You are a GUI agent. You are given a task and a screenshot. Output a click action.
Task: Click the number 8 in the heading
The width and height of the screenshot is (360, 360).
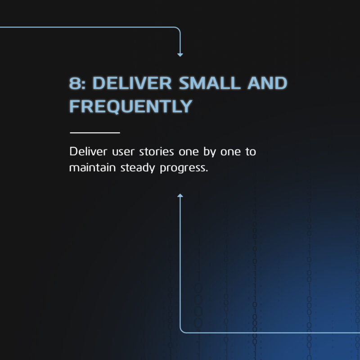pos(75,83)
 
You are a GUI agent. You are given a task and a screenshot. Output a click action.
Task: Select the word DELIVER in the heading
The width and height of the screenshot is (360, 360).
pos(132,83)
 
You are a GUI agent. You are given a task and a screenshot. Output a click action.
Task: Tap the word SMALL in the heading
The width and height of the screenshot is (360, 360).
pos(210,83)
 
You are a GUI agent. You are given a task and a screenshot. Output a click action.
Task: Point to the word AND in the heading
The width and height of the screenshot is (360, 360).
pos(267,83)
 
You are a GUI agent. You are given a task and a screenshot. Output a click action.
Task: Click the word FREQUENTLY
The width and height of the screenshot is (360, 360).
pos(130,106)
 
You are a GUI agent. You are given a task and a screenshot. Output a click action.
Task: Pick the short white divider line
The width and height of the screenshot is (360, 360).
pos(95,133)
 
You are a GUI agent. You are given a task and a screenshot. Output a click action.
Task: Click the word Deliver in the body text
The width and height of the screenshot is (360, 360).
pos(88,152)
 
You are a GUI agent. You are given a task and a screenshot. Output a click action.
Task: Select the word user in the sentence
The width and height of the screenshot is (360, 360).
pos(123,153)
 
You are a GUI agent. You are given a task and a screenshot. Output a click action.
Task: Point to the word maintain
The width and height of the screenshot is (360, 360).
pos(92,167)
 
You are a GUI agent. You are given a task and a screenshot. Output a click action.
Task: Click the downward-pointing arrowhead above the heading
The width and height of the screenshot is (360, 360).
pos(180,55)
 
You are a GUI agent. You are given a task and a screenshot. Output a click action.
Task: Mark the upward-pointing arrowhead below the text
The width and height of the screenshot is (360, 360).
pos(180,195)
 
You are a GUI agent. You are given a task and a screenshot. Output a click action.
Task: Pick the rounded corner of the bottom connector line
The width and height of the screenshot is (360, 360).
pos(182,331)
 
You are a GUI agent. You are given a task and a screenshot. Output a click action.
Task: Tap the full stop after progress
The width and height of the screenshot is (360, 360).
pos(207,171)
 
